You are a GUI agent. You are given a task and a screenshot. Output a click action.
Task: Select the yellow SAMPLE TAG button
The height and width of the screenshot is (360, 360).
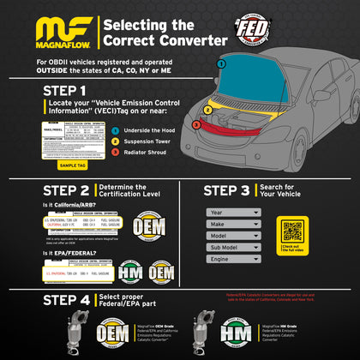click(x=72, y=165)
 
